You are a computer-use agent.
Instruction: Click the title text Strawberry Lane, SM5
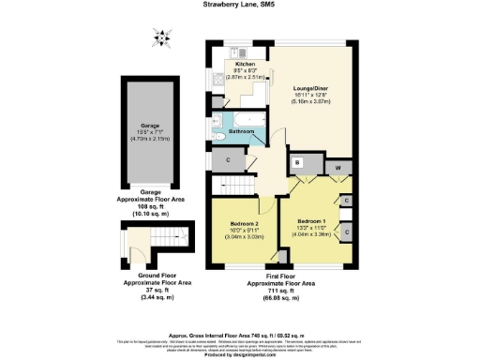pyautogui.click(x=240, y=5)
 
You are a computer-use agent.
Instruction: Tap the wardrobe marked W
pyautogui.click(x=338, y=170)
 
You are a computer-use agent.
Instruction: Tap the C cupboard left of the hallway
pyautogui.click(x=228, y=161)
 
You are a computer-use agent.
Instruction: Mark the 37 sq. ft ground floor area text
pyautogui.click(x=145, y=293)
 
